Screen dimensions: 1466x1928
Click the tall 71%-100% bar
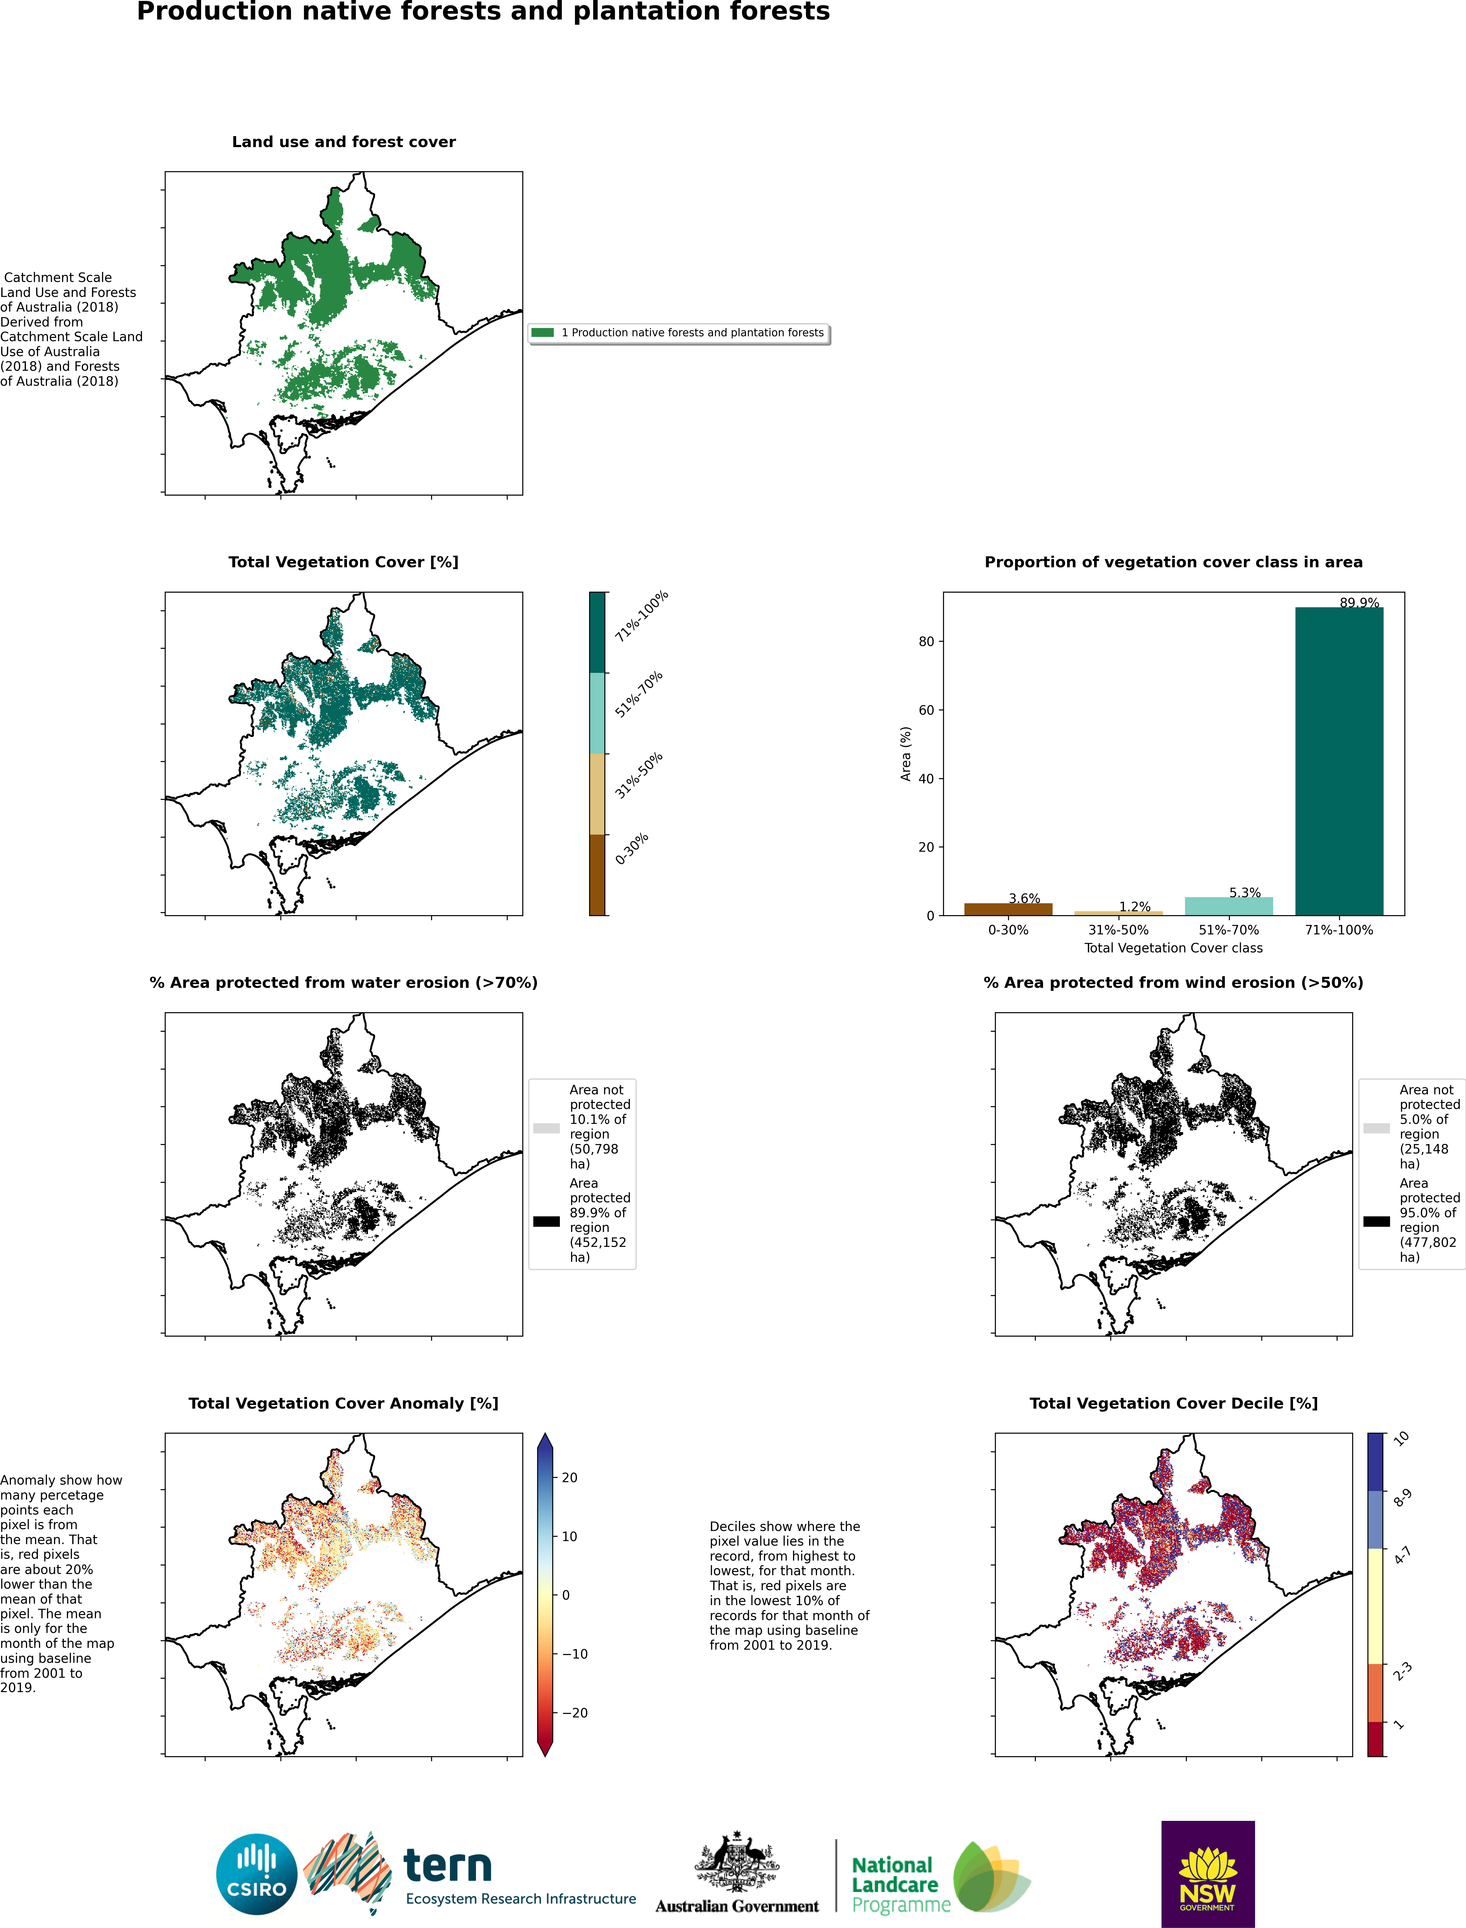pyautogui.click(x=1338, y=761)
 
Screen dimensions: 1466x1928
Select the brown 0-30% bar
pyautogui.click(x=1008, y=909)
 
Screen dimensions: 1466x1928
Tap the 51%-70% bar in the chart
pyautogui.click(x=1229, y=906)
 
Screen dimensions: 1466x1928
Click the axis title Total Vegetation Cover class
pyautogui.click(x=1173, y=948)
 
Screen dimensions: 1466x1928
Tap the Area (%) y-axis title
pyautogui.click(x=906, y=754)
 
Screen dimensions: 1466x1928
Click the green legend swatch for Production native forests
pyautogui.click(x=542, y=333)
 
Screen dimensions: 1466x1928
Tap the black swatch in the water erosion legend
pyautogui.click(x=546, y=1221)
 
